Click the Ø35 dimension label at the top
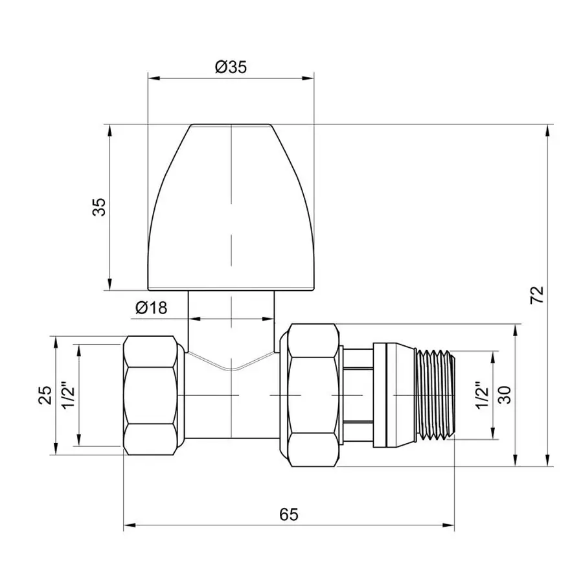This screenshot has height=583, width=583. pyautogui.click(x=230, y=67)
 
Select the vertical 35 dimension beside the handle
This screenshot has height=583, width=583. pyautogui.click(x=98, y=207)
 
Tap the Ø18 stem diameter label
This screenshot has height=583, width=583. pyautogui.click(x=152, y=308)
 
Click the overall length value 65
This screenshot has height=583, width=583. pyautogui.click(x=289, y=514)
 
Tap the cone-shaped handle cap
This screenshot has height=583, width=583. pyautogui.click(x=230, y=207)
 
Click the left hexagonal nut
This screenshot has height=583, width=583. pyautogui.click(x=151, y=395)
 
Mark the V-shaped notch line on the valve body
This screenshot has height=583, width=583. pyautogui.click(x=230, y=366)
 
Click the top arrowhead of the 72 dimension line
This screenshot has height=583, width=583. pyautogui.click(x=549, y=130)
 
